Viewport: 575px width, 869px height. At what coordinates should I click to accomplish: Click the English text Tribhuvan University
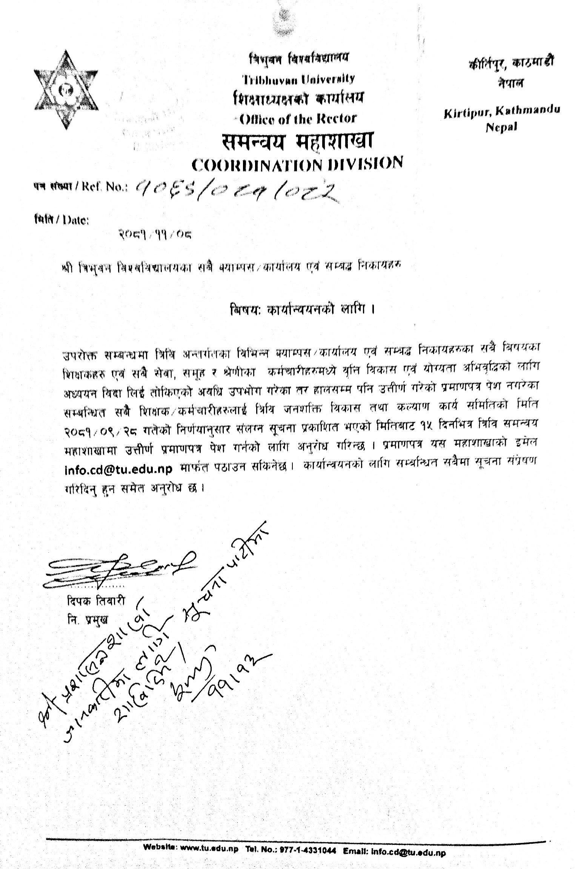coord(298,79)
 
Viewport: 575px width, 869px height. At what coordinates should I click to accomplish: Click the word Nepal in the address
coord(501,127)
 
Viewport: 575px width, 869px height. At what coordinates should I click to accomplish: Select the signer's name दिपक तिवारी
coord(95,601)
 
